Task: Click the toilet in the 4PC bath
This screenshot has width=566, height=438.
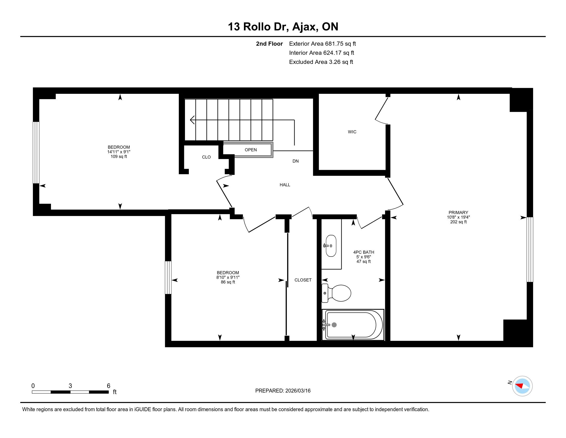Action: point(336,293)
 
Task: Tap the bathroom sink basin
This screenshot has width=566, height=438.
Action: point(331,246)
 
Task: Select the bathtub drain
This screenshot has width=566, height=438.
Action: point(334,325)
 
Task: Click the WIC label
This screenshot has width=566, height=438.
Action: point(352,132)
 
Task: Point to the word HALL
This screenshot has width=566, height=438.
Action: point(285,185)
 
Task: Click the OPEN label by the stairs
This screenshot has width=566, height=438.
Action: point(251,150)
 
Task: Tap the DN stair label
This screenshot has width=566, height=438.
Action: point(295,161)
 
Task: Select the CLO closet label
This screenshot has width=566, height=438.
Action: point(206,157)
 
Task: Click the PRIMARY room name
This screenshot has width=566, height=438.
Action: point(458,213)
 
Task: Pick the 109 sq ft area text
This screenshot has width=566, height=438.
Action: point(119,156)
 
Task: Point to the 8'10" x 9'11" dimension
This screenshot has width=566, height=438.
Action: point(228,277)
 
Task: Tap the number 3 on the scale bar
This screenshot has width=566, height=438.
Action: point(70,386)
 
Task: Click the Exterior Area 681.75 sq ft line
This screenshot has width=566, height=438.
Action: point(322,44)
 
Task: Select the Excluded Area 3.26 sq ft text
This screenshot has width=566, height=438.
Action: point(321,62)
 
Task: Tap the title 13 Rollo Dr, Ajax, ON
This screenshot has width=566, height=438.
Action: point(283,27)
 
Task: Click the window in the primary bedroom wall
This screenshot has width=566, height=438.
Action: point(530,249)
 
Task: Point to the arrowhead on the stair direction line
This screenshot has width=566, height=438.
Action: point(192,120)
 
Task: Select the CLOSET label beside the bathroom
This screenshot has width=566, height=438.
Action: point(303,280)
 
